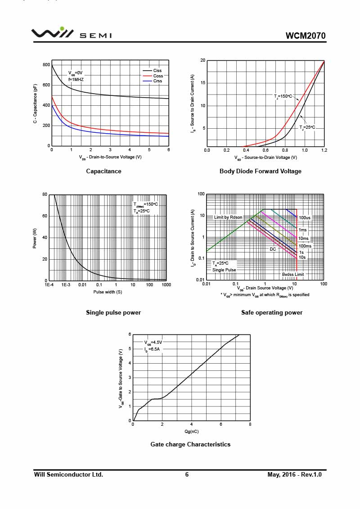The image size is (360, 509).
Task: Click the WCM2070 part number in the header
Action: coord(305,36)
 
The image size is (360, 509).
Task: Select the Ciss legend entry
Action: coord(157,71)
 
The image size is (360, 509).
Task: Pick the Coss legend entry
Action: coord(157,76)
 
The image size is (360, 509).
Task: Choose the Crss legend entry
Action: coord(157,81)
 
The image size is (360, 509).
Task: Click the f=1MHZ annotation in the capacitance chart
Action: coord(76,79)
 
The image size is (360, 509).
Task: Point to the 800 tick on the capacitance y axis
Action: coord(46,65)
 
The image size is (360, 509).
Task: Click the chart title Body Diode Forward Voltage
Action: coord(260,171)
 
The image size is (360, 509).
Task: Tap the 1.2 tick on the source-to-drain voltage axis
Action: coord(324,150)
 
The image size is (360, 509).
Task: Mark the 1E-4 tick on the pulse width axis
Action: coord(49,285)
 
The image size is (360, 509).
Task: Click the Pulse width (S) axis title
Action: coord(108,292)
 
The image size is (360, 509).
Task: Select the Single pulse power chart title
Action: coord(113,312)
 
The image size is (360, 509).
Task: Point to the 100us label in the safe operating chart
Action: coord(305,218)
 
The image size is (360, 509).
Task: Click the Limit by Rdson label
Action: coord(228,217)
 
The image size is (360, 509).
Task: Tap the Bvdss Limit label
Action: coord(293,274)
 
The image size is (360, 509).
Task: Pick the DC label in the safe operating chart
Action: coord(273,249)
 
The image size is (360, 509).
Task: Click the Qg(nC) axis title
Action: coord(191,432)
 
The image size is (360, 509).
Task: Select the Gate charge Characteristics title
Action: coord(190,444)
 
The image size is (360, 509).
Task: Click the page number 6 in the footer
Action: coord(187,474)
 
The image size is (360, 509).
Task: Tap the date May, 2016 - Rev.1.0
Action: coord(294,474)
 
